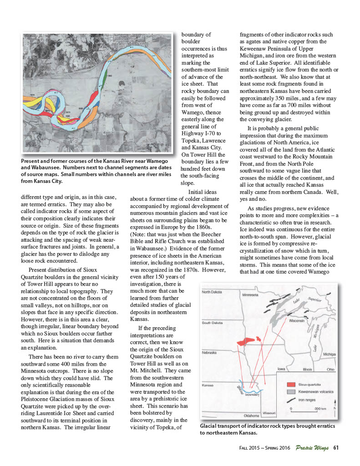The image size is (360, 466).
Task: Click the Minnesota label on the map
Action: pyautogui.click(x=250, y=295)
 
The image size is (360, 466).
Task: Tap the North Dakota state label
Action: pyautogui.click(x=212, y=292)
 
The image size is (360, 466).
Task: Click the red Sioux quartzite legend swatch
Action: pyautogui.click(x=291, y=385)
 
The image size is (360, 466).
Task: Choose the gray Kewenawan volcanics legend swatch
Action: pyautogui.click(x=291, y=392)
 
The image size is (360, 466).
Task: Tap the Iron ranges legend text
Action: pyautogui.click(x=308, y=400)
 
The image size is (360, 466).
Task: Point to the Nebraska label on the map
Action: pyautogui.click(x=210, y=353)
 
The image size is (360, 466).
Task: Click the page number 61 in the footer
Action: pyautogui.click(x=336, y=447)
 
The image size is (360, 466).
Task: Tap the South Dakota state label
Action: pyautogui.click(x=212, y=323)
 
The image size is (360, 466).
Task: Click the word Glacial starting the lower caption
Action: pyautogui.click(x=209, y=426)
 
